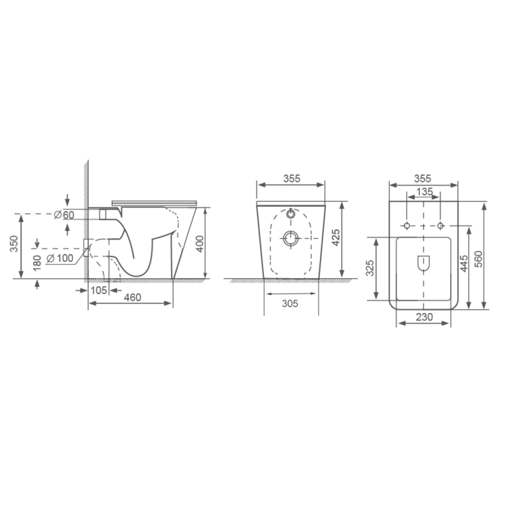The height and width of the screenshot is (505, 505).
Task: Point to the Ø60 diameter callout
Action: pos(63,215)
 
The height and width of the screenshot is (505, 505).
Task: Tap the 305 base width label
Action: pos(290,304)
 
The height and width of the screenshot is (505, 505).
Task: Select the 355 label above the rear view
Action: pos(292,178)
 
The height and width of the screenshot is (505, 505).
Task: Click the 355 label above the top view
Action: pos(423,178)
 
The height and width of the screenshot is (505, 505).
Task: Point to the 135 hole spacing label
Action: pos(424,192)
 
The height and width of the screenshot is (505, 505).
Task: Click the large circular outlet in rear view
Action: pos(291,238)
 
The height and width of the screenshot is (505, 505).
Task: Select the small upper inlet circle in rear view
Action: pos(291,215)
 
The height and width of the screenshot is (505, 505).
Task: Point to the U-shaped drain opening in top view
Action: pos(424,264)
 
